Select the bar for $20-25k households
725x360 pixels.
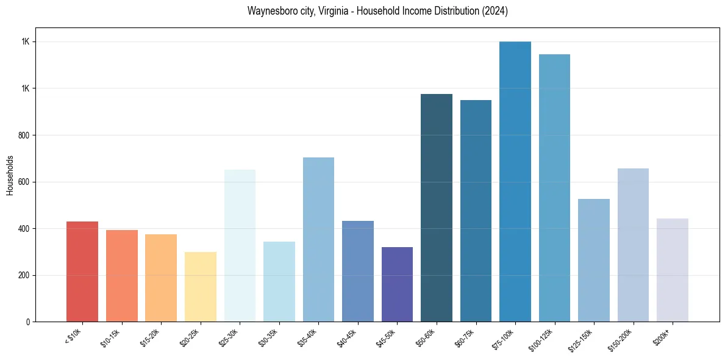(x=200, y=287)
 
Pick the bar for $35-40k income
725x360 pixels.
(x=318, y=239)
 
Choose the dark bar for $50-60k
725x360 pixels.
(x=437, y=207)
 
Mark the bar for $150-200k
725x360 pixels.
(x=633, y=245)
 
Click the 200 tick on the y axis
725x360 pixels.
(x=25, y=275)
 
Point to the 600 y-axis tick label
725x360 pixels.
(x=25, y=182)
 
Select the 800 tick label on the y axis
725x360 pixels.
(x=25, y=135)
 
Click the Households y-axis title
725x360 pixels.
(x=10, y=175)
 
